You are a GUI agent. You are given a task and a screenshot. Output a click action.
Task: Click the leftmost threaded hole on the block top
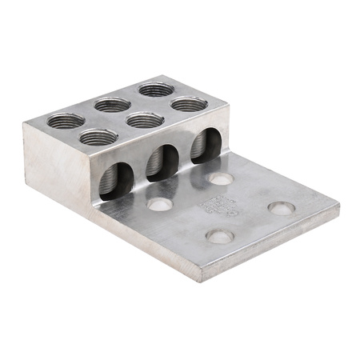(65, 122)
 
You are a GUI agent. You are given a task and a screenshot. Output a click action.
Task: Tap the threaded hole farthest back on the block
(155, 89)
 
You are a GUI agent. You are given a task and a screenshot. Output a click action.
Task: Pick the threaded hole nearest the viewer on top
(98, 138)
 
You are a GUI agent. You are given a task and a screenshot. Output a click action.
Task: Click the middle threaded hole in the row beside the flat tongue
(145, 120)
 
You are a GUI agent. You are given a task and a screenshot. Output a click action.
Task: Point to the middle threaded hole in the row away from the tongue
(111, 104)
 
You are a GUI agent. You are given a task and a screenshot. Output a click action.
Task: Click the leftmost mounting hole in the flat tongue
(158, 205)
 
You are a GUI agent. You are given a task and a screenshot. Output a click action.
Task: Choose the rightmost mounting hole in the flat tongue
(281, 208)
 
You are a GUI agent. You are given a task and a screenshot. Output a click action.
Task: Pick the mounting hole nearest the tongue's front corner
(220, 236)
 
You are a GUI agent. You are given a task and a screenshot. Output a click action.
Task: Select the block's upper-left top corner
(23, 120)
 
